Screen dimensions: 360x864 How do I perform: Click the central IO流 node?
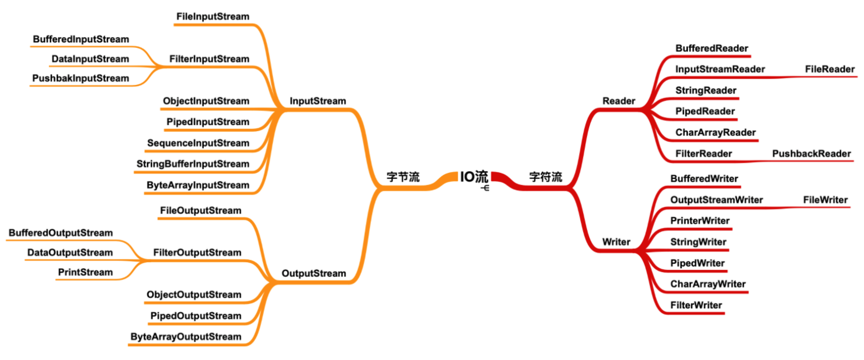[x=474, y=177]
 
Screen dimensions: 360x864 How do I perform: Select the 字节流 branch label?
[x=403, y=177]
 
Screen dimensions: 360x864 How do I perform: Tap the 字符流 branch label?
[x=545, y=177]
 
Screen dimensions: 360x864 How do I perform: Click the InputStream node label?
[x=318, y=101]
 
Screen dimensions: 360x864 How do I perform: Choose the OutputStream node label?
[x=314, y=273]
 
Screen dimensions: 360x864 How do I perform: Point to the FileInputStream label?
[x=213, y=17]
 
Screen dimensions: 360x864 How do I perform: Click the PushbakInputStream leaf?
[x=81, y=78]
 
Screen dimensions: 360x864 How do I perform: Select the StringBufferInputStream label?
[x=193, y=164]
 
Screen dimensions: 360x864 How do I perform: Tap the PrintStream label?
[x=85, y=272]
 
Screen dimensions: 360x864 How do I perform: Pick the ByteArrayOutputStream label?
[x=186, y=336]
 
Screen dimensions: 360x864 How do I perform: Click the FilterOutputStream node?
[x=197, y=253]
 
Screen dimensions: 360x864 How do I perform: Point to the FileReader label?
[x=830, y=69]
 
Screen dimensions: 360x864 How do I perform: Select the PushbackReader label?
[x=811, y=153]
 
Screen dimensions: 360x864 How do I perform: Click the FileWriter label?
[x=825, y=199]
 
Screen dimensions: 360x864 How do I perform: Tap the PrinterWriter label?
[x=700, y=221]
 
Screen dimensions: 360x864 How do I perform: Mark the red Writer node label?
[x=616, y=242]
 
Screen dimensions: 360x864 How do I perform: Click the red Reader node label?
[x=619, y=101]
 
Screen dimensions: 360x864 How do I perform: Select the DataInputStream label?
[x=90, y=59]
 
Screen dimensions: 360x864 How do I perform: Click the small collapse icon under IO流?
[x=485, y=188]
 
